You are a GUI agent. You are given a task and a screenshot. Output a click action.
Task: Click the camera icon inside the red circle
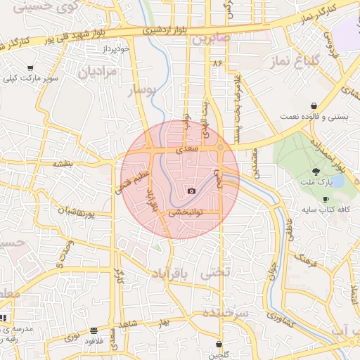tap(191, 191)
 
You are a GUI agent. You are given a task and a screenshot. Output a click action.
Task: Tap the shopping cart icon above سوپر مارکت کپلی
tap(30, 67)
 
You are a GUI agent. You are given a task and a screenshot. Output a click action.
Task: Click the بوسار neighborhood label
tap(143, 90)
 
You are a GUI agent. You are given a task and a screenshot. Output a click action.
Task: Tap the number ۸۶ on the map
tap(216, 64)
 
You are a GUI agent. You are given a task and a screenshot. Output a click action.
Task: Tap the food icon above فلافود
tap(94, 330)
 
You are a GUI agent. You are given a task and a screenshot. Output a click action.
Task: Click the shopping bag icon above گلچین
tap(219, 345)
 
